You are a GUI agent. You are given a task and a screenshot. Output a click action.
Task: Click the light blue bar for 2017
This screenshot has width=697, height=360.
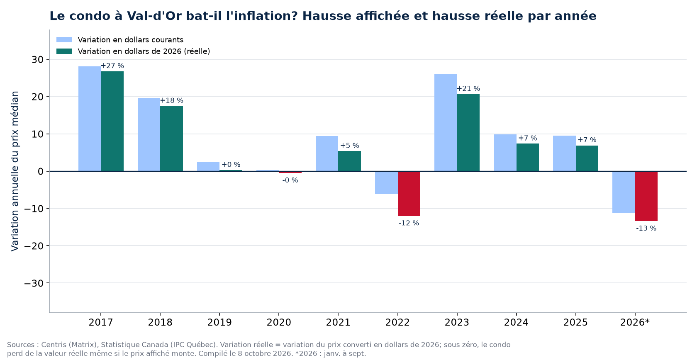(90, 119)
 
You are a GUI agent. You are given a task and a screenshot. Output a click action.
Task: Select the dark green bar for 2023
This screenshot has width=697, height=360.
(468, 133)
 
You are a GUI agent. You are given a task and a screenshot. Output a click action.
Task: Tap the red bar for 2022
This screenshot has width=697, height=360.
(409, 194)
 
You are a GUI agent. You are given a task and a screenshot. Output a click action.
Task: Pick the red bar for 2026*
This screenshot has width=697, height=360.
(646, 196)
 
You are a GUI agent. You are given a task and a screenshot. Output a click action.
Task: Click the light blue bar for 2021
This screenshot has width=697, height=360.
(327, 153)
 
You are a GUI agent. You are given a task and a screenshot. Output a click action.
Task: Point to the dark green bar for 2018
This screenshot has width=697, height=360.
(171, 139)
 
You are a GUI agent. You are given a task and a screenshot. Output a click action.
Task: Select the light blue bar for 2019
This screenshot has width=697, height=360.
(208, 166)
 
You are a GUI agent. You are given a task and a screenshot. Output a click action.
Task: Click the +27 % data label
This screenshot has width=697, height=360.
(112, 66)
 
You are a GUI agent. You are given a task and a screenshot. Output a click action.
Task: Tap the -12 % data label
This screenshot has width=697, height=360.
(409, 223)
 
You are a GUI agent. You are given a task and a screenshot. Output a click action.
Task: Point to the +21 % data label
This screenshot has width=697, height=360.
(468, 89)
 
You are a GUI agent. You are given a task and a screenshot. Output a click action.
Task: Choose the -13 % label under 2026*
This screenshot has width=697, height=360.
(646, 229)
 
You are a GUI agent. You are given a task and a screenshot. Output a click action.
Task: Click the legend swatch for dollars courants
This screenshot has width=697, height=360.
(64, 40)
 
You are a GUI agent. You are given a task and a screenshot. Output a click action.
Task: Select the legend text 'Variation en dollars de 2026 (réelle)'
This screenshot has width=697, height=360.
(144, 51)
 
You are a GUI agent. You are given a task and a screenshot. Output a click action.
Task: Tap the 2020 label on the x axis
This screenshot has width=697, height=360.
(279, 322)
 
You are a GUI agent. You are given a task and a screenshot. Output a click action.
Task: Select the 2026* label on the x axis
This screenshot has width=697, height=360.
(635, 322)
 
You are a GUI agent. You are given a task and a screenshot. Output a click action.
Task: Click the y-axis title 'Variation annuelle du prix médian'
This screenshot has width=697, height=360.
(15, 171)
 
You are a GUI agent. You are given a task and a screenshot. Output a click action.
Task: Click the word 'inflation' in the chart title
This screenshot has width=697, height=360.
(265, 16)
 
